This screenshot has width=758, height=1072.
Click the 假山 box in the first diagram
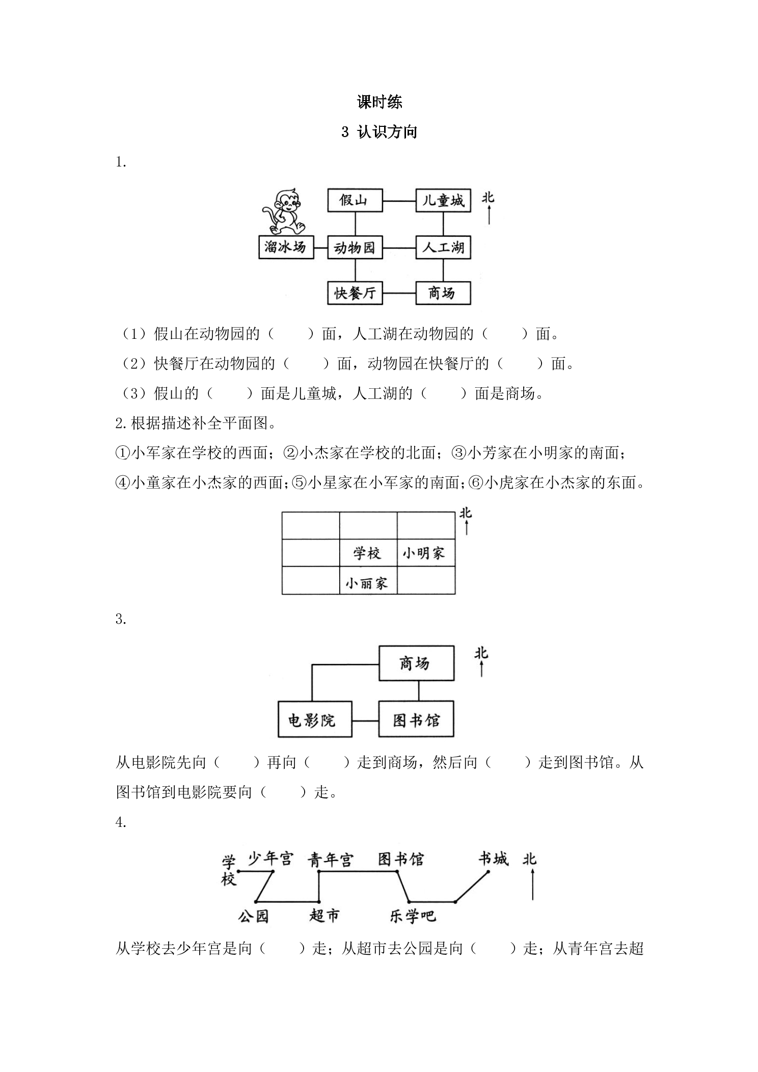click(355, 200)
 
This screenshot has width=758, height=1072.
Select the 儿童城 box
click(443, 200)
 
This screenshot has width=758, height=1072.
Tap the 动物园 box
click(355, 248)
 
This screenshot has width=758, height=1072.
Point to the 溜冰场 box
click(286, 247)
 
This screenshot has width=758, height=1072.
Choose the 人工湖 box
click(443, 248)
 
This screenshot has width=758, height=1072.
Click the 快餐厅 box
click(355, 293)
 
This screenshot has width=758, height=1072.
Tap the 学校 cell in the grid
click(368, 553)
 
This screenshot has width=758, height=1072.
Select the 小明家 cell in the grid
click(426, 553)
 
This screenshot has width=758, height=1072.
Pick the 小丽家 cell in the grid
click(368, 580)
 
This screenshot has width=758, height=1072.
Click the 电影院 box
click(315, 719)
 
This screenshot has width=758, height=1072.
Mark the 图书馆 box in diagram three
click(416, 719)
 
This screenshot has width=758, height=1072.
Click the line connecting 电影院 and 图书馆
click(365, 720)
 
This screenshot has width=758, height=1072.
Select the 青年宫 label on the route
click(331, 860)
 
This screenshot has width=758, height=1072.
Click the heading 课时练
click(380, 102)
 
